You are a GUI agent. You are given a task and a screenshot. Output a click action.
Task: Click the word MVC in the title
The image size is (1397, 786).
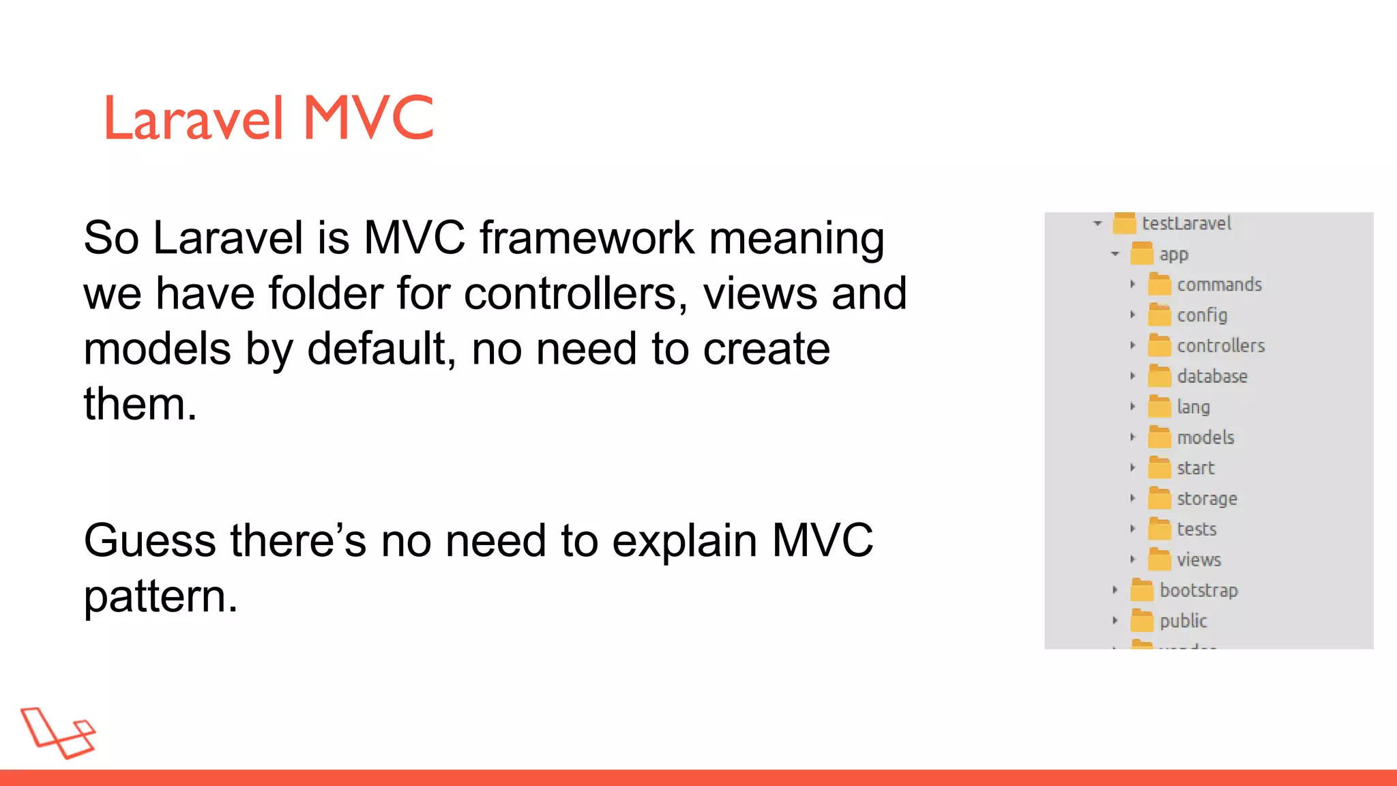(368, 118)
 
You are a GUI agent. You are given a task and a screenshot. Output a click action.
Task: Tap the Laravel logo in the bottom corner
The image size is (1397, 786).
(58, 733)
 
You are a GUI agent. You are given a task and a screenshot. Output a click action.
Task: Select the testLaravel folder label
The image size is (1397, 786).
(1186, 223)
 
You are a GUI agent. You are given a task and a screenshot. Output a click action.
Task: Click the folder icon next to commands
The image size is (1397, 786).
(1159, 284)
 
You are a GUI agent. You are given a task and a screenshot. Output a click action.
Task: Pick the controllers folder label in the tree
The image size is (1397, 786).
(1220, 346)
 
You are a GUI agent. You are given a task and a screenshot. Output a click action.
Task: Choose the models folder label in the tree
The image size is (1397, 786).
(1205, 437)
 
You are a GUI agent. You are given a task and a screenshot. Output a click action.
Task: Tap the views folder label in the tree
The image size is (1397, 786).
(1199, 560)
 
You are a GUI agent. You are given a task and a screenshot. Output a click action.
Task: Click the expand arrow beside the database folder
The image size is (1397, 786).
(1132, 376)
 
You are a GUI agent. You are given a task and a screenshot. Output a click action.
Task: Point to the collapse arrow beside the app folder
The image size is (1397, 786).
(1115, 254)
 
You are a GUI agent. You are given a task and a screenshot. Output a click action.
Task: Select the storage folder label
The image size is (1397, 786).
(1207, 499)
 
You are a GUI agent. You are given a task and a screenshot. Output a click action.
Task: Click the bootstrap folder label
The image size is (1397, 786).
(1199, 590)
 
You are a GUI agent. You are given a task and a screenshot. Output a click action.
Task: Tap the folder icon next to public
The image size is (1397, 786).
(1142, 621)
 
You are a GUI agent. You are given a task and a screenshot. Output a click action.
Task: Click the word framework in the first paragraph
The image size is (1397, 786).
(587, 238)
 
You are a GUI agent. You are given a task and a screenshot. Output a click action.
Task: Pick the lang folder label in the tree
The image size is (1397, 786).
(1193, 407)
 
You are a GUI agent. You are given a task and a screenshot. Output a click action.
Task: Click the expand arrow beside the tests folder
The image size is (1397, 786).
(1132, 529)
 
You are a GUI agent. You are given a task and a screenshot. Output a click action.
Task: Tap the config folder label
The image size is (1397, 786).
(1202, 315)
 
